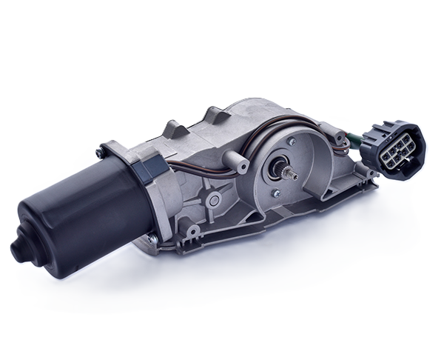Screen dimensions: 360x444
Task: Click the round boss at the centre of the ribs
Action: [x=214, y=198]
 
